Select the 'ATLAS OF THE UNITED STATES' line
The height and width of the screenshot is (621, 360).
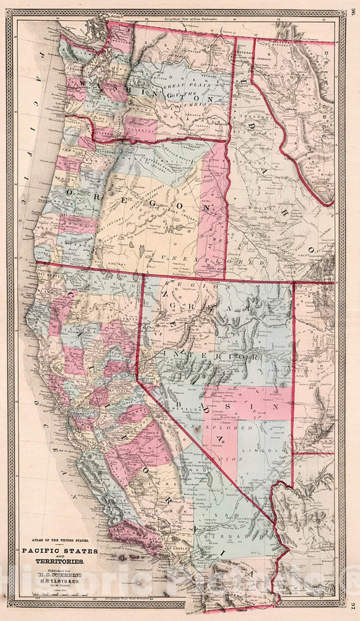click(59, 540)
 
